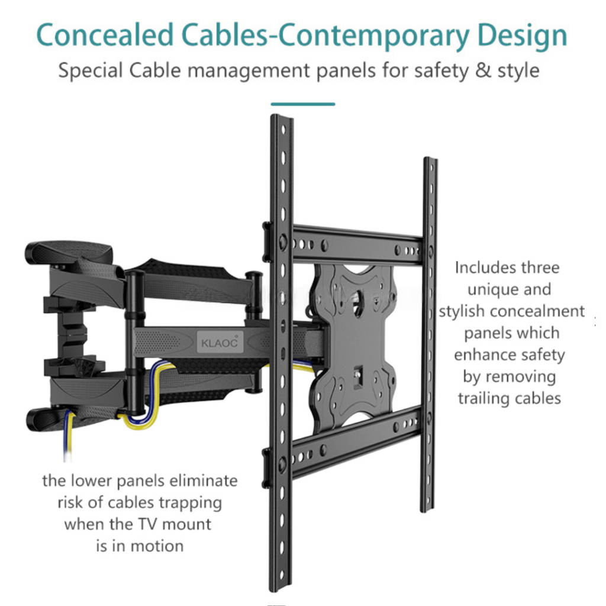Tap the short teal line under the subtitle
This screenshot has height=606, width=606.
(x=302, y=104)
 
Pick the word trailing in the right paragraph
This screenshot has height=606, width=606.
(x=484, y=398)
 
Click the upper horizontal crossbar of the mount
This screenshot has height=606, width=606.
(x=355, y=243)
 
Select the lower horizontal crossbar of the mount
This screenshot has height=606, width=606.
(x=355, y=441)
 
